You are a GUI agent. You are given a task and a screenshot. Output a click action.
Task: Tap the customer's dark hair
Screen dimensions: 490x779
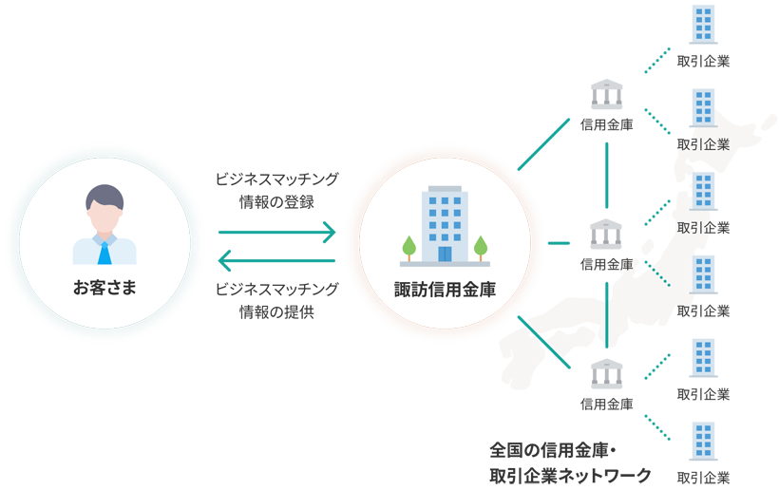click(x=104, y=196)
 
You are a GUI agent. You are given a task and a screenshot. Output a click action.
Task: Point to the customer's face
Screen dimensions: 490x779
click(x=104, y=217)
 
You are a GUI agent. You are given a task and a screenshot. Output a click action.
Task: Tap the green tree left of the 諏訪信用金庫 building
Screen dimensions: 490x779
click(x=409, y=247)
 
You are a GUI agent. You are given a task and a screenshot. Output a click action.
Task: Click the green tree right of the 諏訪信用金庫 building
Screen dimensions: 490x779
click(x=481, y=247)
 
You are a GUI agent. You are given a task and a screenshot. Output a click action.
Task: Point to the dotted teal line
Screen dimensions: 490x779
click(x=659, y=274)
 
